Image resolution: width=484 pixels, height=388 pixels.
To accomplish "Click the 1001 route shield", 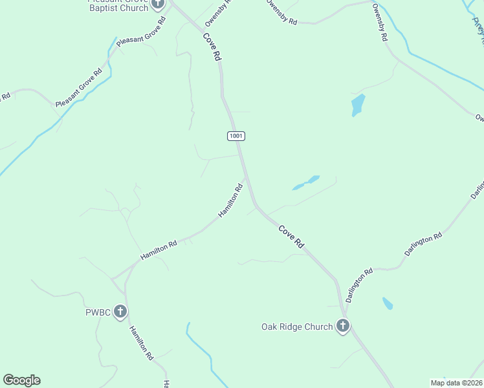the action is pyautogui.click(x=236, y=136).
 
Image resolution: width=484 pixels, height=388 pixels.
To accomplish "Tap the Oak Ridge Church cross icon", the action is pyautogui.click(x=343, y=327).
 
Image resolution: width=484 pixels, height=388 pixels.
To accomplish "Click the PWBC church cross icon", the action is pyautogui.click(x=120, y=312).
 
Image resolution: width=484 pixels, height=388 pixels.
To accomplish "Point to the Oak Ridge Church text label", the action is pyautogui.click(x=297, y=327).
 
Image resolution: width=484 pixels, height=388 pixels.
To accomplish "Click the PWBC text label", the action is pyautogui.click(x=99, y=313).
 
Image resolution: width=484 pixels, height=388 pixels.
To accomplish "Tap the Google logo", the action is pyautogui.click(x=21, y=380).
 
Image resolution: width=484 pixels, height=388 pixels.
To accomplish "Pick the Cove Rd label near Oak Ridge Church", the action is pyautogui.click(x=291, y=237).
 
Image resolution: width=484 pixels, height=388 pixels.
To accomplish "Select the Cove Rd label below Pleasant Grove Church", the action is pyautogui.click(x=212, y=47).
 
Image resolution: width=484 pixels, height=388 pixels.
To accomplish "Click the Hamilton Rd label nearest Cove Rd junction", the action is pyautogui.click(x=231, y=200).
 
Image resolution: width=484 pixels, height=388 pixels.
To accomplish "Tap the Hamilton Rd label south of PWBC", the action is pyautogui.click(x=140, y=343).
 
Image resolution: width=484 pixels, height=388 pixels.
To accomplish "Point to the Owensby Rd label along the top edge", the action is pyautogui.click(x=281, y=12).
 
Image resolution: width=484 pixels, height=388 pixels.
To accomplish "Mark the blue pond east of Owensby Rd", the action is pyautogui.click(x=357, y=104).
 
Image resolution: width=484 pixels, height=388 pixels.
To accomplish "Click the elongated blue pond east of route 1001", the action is pyautogui.click(x=306, y=182).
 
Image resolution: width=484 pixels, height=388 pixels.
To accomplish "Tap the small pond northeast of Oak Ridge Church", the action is pyautogui.click(x=388, y=303).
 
